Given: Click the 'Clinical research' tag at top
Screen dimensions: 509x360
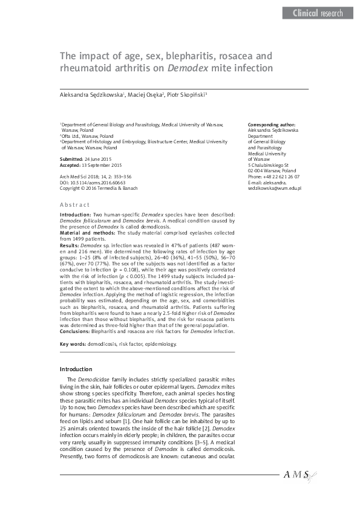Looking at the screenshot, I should (317, 13).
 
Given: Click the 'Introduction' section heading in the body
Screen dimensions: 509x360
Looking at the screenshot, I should (76, 369).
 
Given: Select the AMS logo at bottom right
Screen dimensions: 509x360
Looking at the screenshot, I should (298, 476).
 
